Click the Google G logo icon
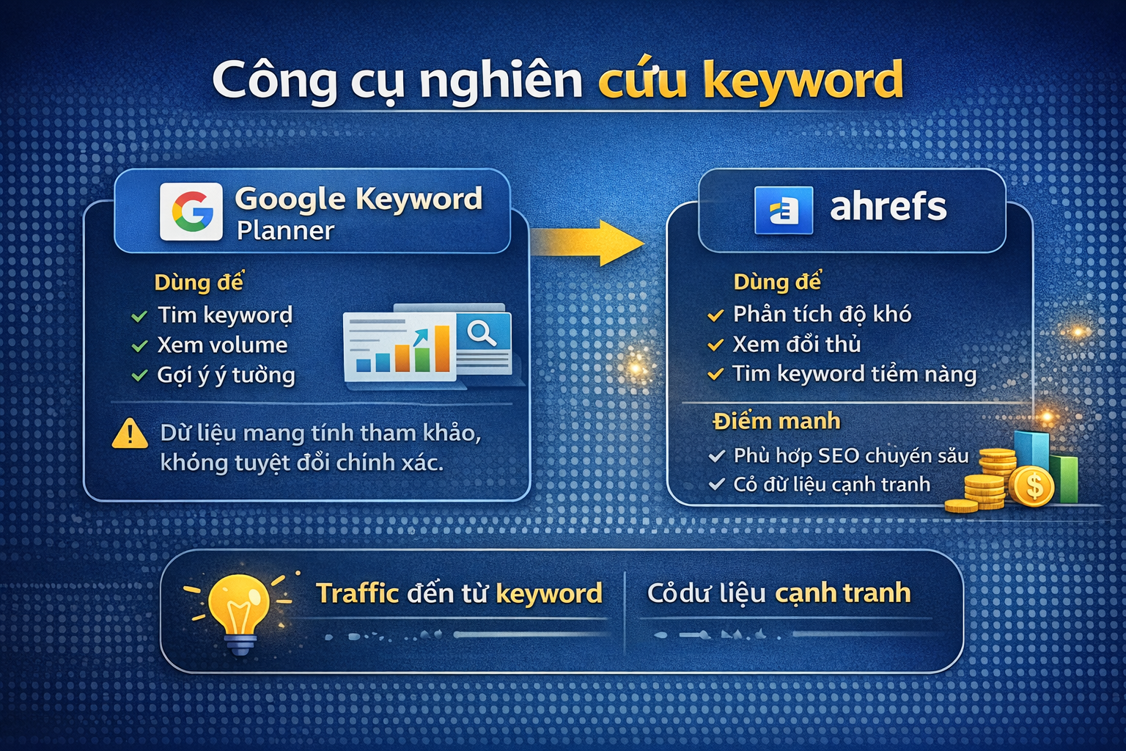tap(191, 211)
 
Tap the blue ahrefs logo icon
tap(784, 210)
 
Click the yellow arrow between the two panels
tap(587, 241)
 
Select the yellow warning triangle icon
tap(130, 433)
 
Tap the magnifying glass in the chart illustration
tap(482, 333)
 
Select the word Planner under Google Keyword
tap(285, 231)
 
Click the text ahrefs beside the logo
tap(888, 207)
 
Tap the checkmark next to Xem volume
tap(139, 346)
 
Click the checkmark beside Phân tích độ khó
tap(715, 316)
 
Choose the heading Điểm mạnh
tap(776, 421)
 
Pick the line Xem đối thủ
tap(797, 344)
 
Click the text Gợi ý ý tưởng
tap(226, 375)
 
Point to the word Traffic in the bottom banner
tap(357, 593)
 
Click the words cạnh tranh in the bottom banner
tap(843, 593)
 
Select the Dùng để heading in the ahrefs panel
tap(777, 282)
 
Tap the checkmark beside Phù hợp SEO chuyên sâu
tap(716, 456)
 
